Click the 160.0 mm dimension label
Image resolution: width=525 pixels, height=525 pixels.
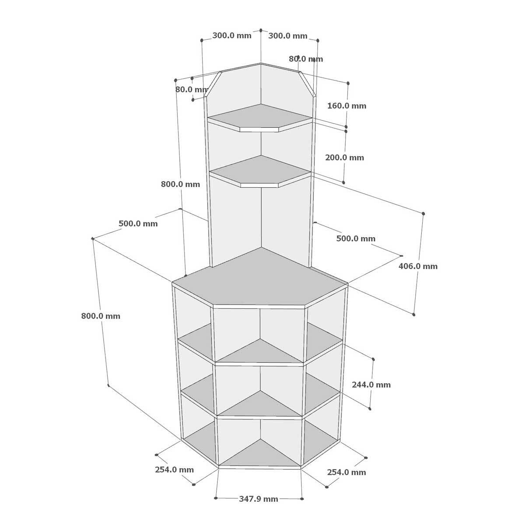coord(346,106)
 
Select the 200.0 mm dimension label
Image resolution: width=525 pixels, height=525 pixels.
coord(344,157)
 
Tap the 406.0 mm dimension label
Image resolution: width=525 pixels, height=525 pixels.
coord(418,266)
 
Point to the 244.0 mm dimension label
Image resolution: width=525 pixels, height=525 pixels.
coord(371,385)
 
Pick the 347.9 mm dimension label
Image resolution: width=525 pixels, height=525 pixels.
coord(259,499)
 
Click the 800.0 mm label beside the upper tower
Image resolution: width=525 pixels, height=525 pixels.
coord(180,184)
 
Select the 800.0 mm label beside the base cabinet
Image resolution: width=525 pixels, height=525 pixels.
coord(101,316)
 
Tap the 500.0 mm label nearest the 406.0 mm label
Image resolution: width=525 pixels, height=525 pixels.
coord(356,238)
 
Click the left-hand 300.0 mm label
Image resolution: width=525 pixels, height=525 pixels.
coord(232,36)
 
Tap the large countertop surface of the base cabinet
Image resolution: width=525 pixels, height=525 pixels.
coord(260,278)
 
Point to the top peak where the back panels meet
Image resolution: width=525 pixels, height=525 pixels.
coord(261,63)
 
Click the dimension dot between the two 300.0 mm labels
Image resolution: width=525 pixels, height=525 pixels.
coord(261,30)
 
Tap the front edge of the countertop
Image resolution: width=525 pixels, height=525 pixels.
coord(259,307)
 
